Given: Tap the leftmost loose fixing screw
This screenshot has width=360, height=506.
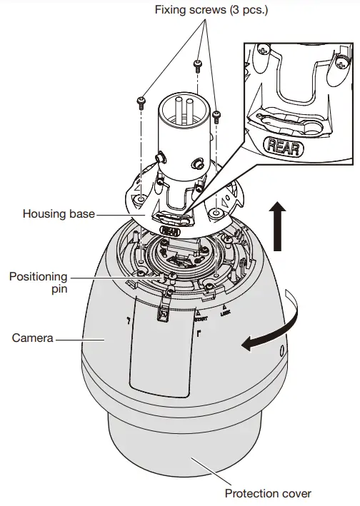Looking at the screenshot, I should [x=143, y=101].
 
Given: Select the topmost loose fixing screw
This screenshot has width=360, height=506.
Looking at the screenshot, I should [x=196, y=68].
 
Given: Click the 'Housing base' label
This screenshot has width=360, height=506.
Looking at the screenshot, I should [x=59, y=213].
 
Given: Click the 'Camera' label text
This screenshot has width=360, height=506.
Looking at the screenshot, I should [x=33, y=338].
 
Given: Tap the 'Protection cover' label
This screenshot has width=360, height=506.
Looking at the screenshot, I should [x=268, y=493].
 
